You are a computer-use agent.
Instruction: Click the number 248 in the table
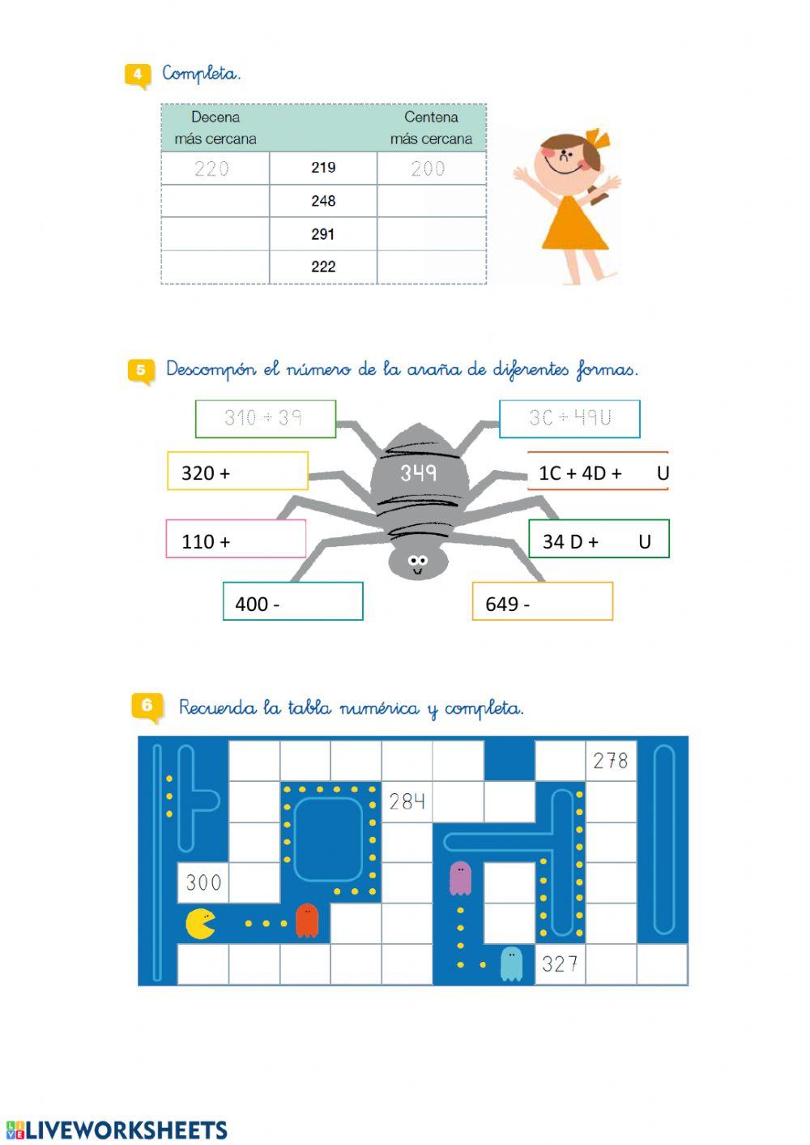[323, 201]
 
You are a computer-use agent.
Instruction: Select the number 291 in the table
[323, 234]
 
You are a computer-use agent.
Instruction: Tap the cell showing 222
[323, 267]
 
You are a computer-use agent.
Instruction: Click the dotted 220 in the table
[212, 169]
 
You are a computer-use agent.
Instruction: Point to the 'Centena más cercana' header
[431, 128]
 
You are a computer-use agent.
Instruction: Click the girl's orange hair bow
[598, 139]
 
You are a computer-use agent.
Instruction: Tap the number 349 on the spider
[418, 472]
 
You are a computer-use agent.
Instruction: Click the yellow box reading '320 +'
[237, 472]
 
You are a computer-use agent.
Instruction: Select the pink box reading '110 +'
[236, 539]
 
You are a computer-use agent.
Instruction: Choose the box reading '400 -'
[292, 602]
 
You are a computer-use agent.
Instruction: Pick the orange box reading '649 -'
[542, 602]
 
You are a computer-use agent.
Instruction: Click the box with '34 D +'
[599, 540]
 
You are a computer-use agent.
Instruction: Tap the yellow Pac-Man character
[200, 924]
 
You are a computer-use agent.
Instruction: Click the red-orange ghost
[307, 921]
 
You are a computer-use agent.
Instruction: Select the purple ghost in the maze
[460, 878]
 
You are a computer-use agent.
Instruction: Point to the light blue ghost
[511, 963]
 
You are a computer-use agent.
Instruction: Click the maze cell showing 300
[203, 882]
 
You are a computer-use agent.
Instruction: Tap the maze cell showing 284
[407, 801]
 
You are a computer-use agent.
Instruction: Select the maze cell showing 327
[560, 964]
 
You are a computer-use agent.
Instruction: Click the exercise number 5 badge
[140, 371]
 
